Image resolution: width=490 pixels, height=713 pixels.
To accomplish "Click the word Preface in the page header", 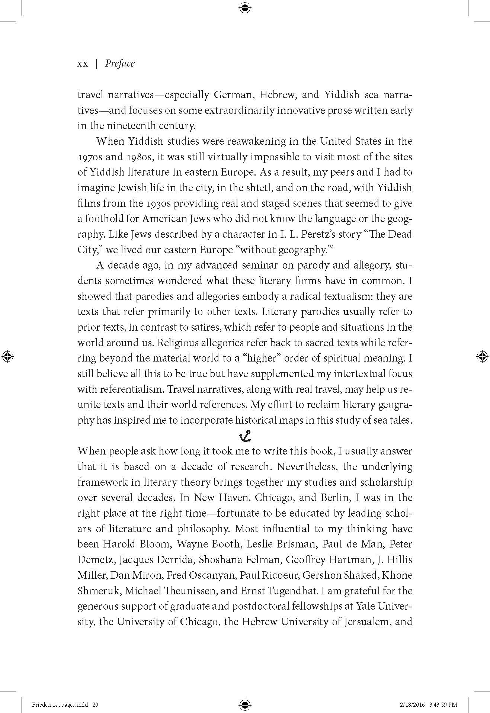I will click(x=120, y=64).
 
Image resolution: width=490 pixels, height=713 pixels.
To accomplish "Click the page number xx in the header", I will click(x=83, y=64).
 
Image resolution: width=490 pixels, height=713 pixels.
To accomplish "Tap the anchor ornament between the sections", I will click(x=245, y=436).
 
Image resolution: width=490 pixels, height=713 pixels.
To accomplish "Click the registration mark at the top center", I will click(x=245, y=7).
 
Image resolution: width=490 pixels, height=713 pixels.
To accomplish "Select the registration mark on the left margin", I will click(x=8, y=356).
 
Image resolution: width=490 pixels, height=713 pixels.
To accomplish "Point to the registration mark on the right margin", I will click(x=482, y=356).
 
